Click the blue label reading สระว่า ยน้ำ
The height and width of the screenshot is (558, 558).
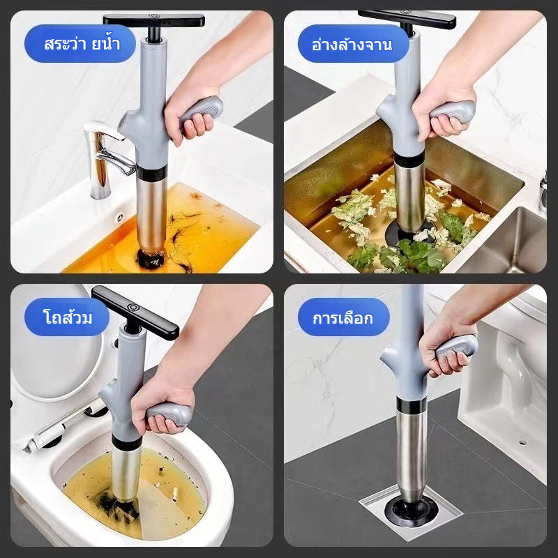80,43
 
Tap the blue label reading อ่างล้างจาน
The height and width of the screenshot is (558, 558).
354,43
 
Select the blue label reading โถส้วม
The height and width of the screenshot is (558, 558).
67,317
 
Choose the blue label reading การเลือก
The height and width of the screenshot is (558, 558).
344,317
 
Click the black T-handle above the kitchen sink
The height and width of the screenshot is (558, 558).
407,19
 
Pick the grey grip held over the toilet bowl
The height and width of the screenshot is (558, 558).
169,414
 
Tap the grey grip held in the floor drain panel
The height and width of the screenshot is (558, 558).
457,346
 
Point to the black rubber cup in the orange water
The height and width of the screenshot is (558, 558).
151,258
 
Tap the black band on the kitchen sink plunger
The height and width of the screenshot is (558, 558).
409,160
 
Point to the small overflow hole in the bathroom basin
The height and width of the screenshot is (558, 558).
120,216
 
